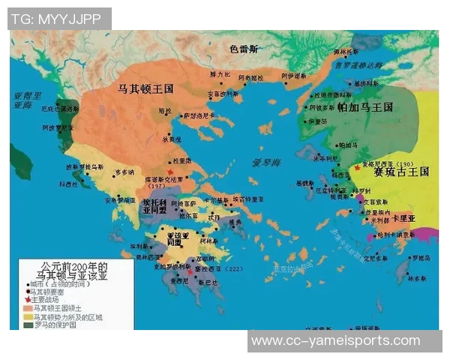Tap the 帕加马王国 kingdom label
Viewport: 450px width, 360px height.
tap(364, 108)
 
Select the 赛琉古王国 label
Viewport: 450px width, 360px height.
tap(400, 171)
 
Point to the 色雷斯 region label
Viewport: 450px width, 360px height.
tap(244, 49)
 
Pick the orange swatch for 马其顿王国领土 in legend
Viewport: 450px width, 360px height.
tap(28, 307)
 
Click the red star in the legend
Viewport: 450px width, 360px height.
tap(28, 299)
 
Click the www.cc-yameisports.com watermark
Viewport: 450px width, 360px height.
tap(335, 340)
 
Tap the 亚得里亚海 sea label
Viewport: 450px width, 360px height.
tap(28, 100)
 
